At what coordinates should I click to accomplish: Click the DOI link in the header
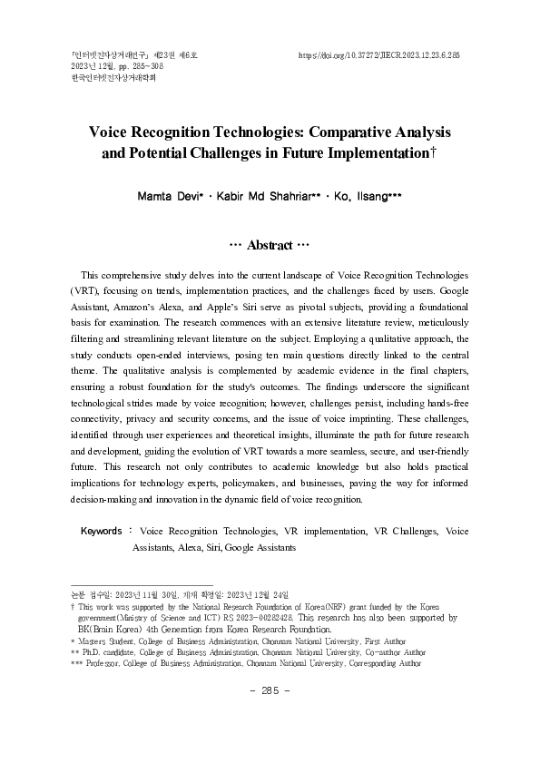pyautogui.click(x=379, y=55)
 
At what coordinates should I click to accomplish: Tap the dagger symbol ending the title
pyautogui.click(x=434, y=153)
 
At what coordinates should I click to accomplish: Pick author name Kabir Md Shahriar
pyautogui.click(x=260, y=195)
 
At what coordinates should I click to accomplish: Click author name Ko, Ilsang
pyautogui.click(x=360, y=195)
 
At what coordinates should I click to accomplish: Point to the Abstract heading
pyautogui.click(x=270, y=245)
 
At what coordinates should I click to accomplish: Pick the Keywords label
pyautogui.click(x=102, y=531)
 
